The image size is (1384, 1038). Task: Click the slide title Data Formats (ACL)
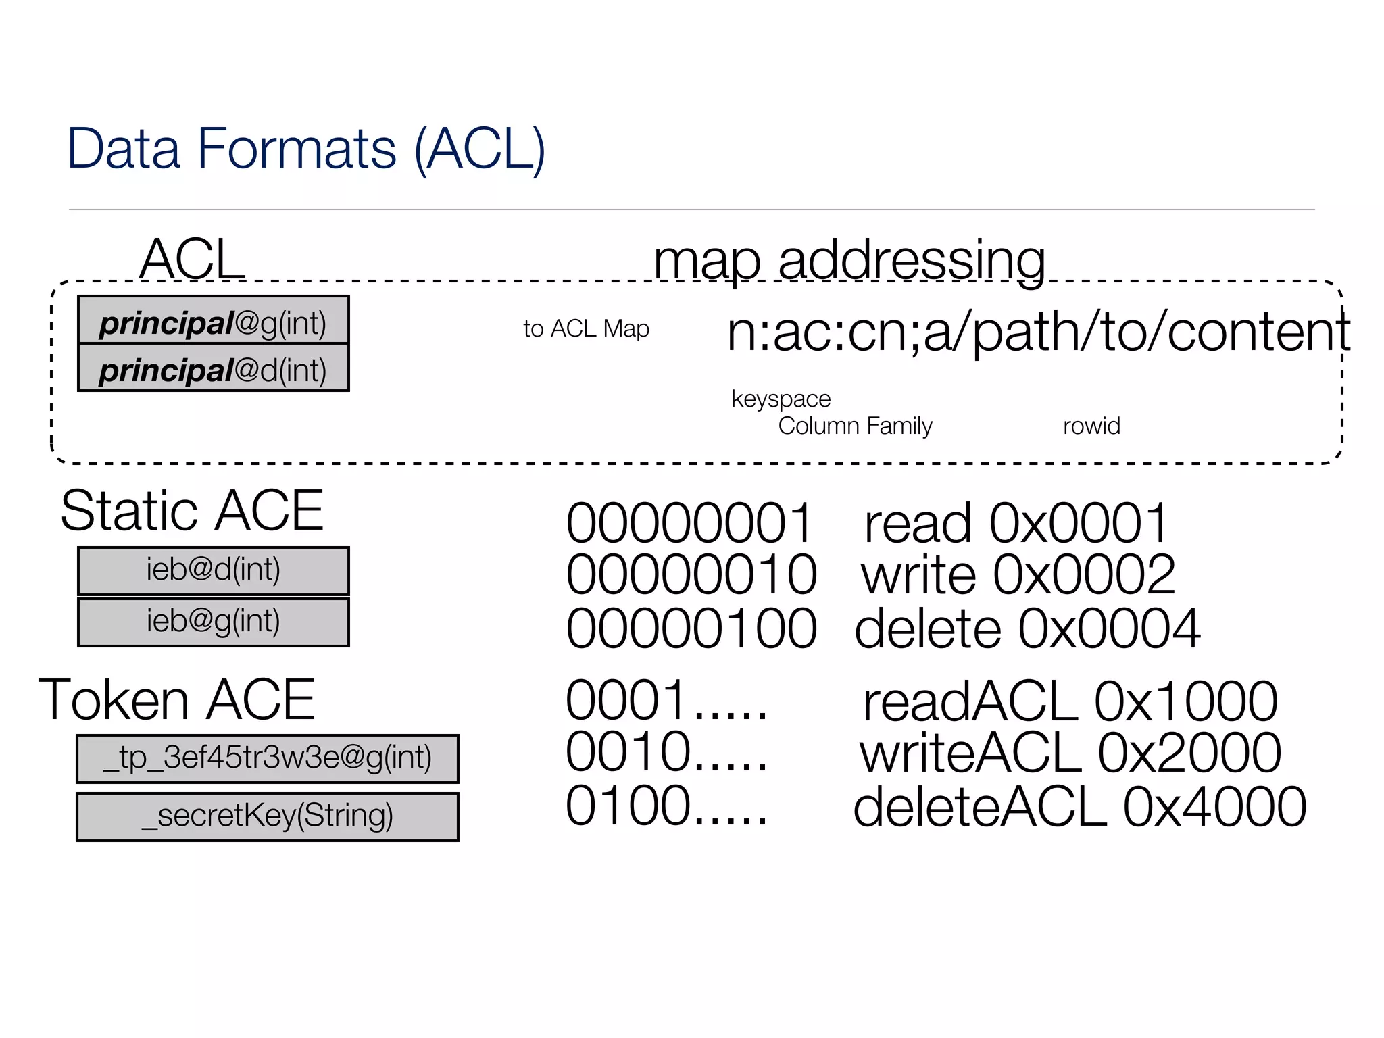click(x=305, y=149)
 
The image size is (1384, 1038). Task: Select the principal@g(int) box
click(x=214, y=320)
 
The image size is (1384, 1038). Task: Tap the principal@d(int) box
click(x=214, y=368)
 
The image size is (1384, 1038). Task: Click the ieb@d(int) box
click(x=214, y=570)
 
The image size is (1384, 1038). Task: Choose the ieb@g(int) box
click(x=214, y=622)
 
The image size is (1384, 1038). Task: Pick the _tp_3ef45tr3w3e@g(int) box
click(x=268, y=758)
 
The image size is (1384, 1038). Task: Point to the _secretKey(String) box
click(x=268, y=816)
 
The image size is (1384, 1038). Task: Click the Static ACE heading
click(x=192, y=511)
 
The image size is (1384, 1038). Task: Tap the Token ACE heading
click(x=177, y=700)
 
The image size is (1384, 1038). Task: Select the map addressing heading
click(x=849, y=261)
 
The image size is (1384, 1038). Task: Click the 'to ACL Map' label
click(x=586, y=329)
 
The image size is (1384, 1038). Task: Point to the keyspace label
click(x=781, y=399)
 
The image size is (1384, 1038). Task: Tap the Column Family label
click(x=855, y=426)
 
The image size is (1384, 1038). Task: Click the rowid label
click(x=1091, y=426)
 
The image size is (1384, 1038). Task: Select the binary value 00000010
click(x=691, y=575)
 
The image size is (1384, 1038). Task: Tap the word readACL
click(x=970, y=702)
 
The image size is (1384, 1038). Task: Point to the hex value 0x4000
click(x=1214, y=808)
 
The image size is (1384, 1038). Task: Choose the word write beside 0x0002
click(x=918, y=575)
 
